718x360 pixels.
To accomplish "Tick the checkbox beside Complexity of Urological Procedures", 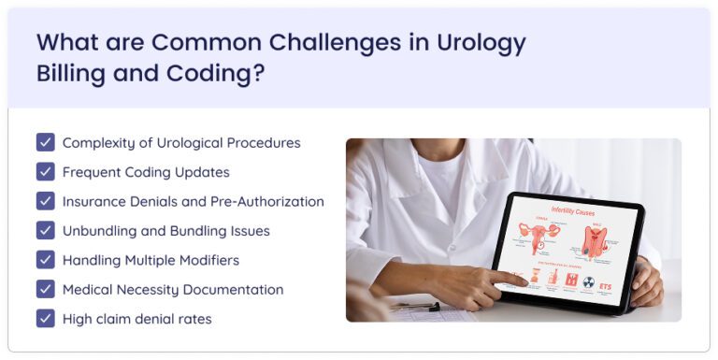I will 45,142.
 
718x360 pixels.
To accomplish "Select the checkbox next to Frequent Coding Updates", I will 45,172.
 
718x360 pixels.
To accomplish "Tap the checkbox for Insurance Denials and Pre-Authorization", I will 45,201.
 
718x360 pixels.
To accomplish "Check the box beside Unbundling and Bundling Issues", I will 45,230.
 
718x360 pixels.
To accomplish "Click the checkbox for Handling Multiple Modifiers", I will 45,260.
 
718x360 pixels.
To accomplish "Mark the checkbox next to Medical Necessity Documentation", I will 45,289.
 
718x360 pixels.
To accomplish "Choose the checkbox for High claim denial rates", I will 45,319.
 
